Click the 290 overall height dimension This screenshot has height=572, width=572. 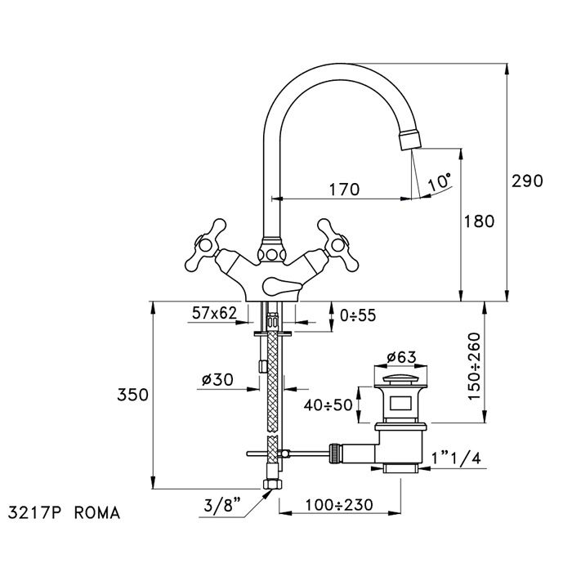pos(528,181)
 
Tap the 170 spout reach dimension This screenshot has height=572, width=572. pos(344,190)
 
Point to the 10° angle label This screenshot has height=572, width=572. pos(439,181)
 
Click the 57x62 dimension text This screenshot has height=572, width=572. pos(214,314)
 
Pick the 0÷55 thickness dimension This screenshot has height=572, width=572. pos(357,315)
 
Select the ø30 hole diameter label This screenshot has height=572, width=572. pos(217,380)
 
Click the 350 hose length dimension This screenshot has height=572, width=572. pos(132,395)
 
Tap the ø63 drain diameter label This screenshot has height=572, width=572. pos(402,356)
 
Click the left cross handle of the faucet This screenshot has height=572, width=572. pos(208,241)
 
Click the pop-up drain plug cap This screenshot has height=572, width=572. pos(401,377)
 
